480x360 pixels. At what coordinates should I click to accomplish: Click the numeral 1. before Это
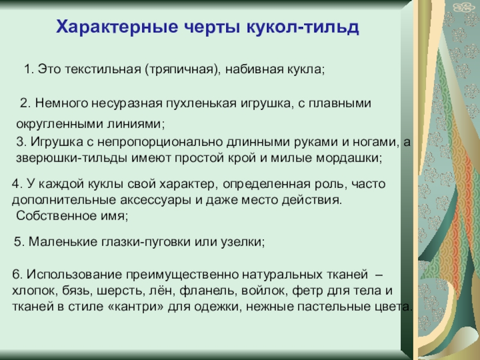click(x=29, y=69)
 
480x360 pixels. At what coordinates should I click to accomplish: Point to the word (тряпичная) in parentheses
click(x=182, y=70)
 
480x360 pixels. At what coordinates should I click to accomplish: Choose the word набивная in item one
click(x=254, y=70)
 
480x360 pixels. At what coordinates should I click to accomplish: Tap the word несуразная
click(x=127, y=104)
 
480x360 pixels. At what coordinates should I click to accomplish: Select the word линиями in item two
click(x=136, y=124)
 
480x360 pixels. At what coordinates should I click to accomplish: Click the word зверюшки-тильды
click(x=71, y=158)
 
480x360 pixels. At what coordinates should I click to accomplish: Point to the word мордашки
click(x=349, y=158)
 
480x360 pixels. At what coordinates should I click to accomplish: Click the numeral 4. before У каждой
click(x=17, y=184)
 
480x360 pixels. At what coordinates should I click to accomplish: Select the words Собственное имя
click(x=72, y=216)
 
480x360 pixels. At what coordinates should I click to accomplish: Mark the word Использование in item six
click(x=74, y=274)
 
